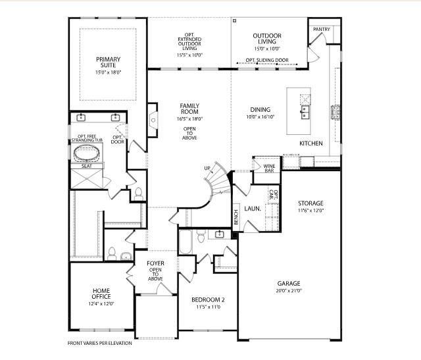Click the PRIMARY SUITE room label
pyautogui.click(x=109, y=63)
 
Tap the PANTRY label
pyautogui.click(x=321, y=30)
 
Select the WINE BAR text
pyautogui.click(x=269, y=167)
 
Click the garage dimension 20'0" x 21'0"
pyautogui.click(x=288, y=291)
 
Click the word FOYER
pyautogui.click(x=156, y=264)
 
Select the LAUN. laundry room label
pyautogui.click(x=253, y=209)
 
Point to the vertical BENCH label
pyautogui.click(x=236, y=217)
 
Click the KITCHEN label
pyautogui.click(x=311, y=143)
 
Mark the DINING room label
pyautogui.click(x=260, y=110)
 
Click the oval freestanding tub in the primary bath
pyautogui.click(x=87, y=155)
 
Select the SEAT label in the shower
pyautogui.click(x=86, y=167)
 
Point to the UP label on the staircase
pyautogui.click(x=207, y=168)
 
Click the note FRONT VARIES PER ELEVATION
pyautogui.click(x=100, y=343)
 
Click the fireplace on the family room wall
pyautogui.click(x=153, y=118)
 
